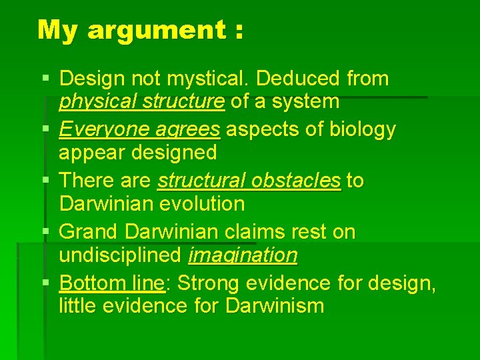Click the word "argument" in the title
157,31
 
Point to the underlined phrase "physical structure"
141,102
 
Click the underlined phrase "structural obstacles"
249,181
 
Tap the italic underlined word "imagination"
243,255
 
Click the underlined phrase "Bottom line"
111,283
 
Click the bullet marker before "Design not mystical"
45,79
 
